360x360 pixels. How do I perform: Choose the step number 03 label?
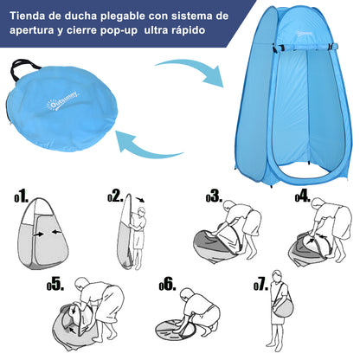pyautogui.click(x=213, y=197)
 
